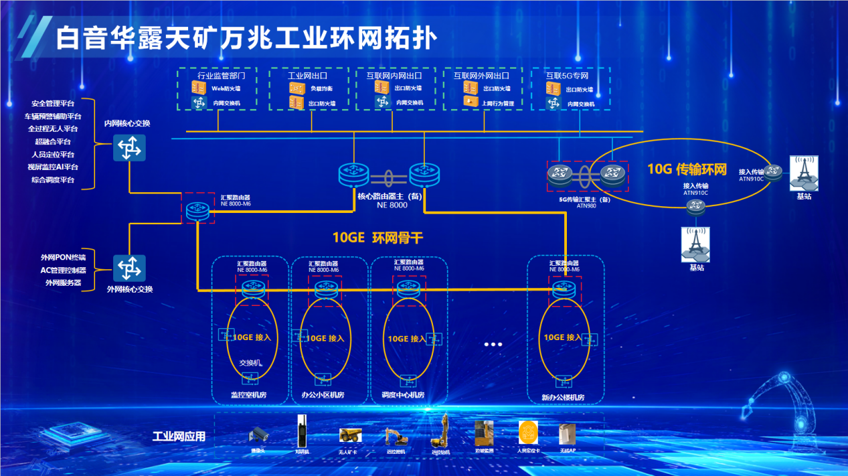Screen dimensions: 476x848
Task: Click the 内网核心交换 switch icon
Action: coord(129,147)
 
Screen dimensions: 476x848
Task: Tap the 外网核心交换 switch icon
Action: coord(129,268)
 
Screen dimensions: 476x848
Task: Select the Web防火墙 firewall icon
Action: coord(199,88)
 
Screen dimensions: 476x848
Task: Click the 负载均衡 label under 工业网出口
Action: coord(321,88)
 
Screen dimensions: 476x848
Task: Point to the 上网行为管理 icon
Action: coord(471,102)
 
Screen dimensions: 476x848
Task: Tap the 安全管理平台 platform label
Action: coord(53,104)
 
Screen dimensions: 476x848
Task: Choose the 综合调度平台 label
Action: coord(53,180)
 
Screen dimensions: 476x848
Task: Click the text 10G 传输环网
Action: coord(687,169)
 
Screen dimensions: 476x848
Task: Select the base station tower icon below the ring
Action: coord(695,244)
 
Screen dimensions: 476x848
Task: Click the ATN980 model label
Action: coord(586,206)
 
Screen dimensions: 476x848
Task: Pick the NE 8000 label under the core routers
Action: coord(392,205)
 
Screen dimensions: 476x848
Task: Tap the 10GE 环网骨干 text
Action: coord(377,238)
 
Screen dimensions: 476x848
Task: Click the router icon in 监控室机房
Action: coord(254,289)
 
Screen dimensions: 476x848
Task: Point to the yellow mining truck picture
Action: coord(350,436)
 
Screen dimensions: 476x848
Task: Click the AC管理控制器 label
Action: coord(64,270)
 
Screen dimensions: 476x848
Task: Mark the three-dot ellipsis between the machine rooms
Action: coord(493,344)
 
